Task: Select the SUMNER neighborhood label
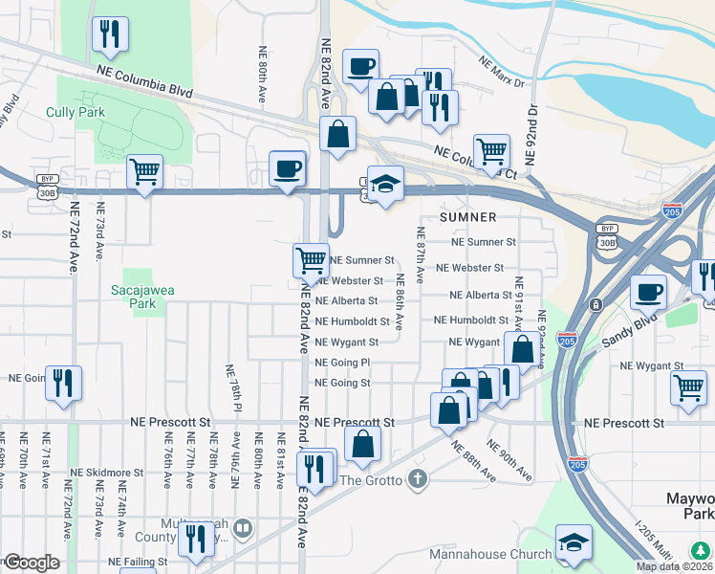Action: [x=467, y=218]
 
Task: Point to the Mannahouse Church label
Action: [x=490, y=554]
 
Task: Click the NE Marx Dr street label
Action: [x=504, y=74]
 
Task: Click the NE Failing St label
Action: [x=138, y=562]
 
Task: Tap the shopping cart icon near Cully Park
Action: [x=145, y=173]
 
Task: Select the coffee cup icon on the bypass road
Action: [x=288, y=169]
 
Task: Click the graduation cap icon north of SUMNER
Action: [x=385, y=185]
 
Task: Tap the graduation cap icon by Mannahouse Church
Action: [x=574, y=545]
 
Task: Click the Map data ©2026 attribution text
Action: [x=673, y=566]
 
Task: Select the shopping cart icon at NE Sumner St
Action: [x=312, y=259]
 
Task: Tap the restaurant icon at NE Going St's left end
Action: [x=63, y=383]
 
